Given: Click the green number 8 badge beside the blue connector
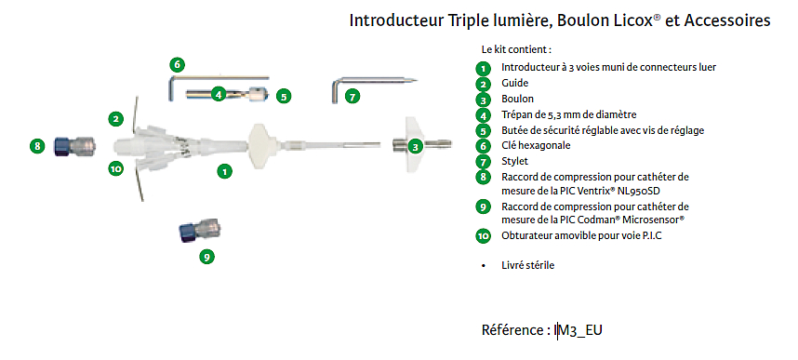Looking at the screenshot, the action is click(x=37, y=146).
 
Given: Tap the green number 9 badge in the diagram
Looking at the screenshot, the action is click(x=206, y=257).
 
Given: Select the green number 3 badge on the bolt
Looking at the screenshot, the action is click(x=417, y=147).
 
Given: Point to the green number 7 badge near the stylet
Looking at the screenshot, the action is click(x=352, y=96).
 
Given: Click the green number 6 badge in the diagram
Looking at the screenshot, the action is click(x=177, y=65).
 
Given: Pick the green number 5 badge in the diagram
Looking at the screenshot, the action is click(x=284, y=95).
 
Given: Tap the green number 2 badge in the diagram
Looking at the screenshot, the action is click(x=116, y=119).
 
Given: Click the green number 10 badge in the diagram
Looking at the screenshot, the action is click(x=116, y=168).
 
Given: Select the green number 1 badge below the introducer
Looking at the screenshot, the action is click(x=224, y=171).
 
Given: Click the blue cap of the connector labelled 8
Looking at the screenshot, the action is click(x=62, y=146).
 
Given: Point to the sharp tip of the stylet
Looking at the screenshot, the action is click(x=417, y=80).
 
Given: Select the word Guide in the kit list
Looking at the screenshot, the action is click(x=514, y=83).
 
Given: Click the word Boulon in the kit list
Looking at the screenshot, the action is click(x=517, y=99).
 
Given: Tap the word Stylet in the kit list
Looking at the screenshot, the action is click(x=515, y=162).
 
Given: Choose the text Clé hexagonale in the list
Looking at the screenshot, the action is click(x=536, y=146).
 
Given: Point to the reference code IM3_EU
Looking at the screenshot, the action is click(x=579, y=330).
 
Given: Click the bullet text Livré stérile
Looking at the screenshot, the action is click(x=527, y=265).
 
